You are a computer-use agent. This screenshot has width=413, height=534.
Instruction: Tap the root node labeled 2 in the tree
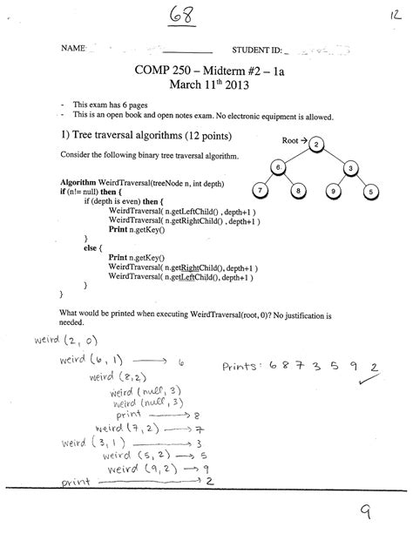click(317, 144)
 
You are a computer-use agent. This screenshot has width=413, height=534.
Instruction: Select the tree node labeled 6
click(276, 166)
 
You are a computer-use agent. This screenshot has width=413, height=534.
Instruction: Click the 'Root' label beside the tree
click(291, 139)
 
